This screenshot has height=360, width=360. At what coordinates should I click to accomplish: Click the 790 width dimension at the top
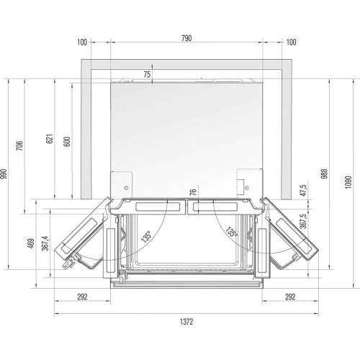coord(186,38)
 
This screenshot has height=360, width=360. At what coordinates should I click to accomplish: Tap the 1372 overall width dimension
coord(186,322)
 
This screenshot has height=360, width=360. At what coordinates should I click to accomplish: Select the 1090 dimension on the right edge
coord(348,182)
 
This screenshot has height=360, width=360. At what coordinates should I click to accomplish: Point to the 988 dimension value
coord(325,174)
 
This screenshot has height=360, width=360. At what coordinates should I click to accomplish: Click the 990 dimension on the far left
coord(4,174)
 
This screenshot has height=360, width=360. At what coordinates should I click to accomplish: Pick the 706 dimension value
coord(19,145)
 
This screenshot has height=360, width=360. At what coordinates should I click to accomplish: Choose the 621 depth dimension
coord(50,139)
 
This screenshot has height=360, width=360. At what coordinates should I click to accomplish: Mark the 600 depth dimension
coord(67,141)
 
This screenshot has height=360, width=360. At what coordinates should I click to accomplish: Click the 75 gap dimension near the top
coord(147,74)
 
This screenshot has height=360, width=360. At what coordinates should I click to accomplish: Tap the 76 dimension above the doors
coord(193,192)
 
